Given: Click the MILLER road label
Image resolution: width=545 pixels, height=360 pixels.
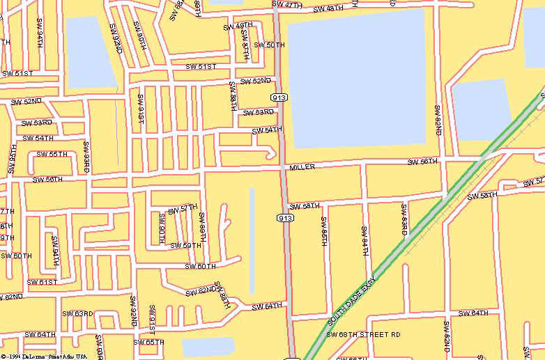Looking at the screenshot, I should pyautogui.click(x=302, y=167).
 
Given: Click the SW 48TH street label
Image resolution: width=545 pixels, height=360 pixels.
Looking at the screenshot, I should pyautogui.click(x=328, y=9).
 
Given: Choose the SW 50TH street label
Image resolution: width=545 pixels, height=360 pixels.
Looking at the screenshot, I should pyautogui.click(x=269, y=45).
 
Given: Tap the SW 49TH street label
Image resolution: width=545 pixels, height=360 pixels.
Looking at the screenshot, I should pyautogui.click(x=238, y=26).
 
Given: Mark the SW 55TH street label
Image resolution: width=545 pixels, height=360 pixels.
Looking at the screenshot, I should pyautogui.click(x=52, y=154).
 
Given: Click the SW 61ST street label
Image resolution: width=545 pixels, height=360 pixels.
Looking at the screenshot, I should pyautogui.click(x=41, y=282).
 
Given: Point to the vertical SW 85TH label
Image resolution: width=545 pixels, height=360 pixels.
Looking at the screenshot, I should pyautogui.click(x=324, y=231).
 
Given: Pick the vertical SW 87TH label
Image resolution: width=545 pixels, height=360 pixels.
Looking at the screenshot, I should pyautogui.click(x=245, y=45).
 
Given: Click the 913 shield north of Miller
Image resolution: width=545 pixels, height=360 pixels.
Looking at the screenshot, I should pyautogui.click(x=282, y=97).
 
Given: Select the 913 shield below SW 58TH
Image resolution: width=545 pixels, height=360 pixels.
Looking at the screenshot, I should pyautogui.click(x=285, y=218).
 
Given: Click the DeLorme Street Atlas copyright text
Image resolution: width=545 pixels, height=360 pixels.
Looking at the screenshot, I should pyautogui.click(x=43, y=356).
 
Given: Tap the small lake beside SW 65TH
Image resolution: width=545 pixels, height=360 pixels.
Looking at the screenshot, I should pyautogui.click(x=208, y=347).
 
